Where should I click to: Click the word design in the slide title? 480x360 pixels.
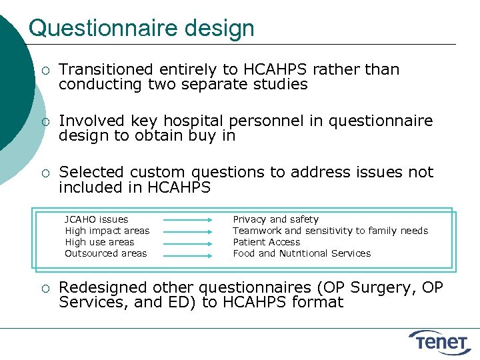(x=223, y=29)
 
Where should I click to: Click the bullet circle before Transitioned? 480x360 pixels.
(x=44, y=70)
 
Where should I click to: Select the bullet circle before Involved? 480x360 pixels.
(x=44, y=121)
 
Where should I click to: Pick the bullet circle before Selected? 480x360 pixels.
(x=44, y=173)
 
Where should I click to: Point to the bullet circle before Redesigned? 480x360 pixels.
(x=44, y=288)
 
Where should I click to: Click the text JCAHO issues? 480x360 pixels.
(x=96, y=219)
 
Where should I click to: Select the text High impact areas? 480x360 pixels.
(x=107, y=231)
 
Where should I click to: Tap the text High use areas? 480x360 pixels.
(x=99, y=242)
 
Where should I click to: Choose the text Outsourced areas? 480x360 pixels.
(x=105, y=253)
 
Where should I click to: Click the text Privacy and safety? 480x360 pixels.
(x=275, y=219)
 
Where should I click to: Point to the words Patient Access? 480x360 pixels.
(x=266, y=242)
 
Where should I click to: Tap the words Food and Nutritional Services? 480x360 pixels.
(x=301, y=253)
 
